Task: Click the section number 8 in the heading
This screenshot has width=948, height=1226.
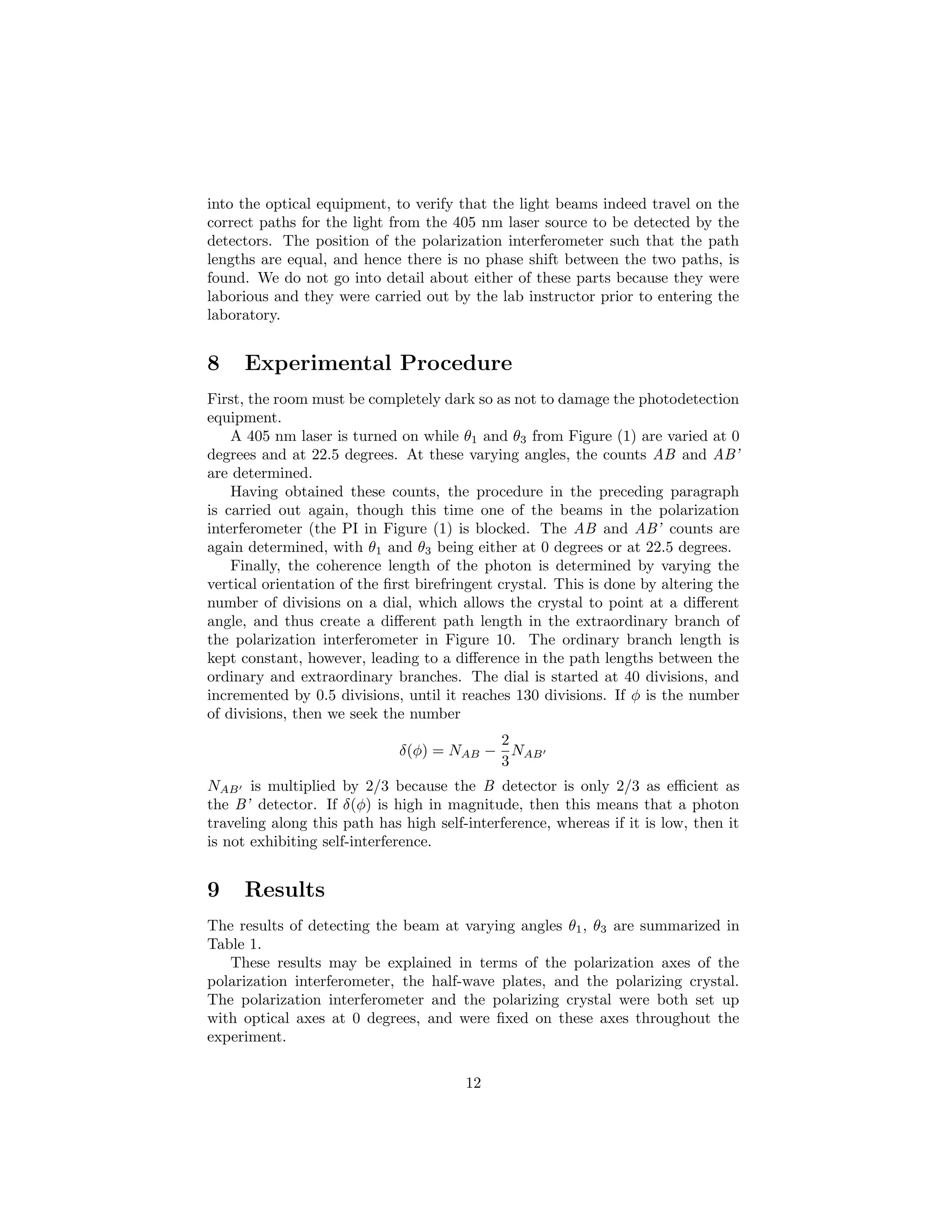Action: click(x=213, y=363)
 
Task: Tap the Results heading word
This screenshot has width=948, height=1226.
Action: click(x=284, y=890)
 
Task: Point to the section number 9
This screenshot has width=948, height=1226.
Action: click(x=213, y=890)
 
